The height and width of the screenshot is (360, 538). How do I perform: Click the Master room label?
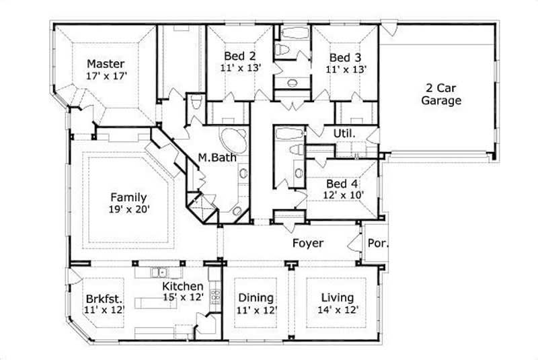tap(105, 64)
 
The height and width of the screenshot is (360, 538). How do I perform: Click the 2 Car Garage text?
tap(442, 94)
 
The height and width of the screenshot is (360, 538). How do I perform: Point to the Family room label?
tap(129, 197)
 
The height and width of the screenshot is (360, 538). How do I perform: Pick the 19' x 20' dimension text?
tap(129, 209)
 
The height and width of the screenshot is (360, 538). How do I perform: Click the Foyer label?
tap(307, 243)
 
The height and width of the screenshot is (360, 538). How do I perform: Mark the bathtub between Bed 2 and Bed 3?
tap(293, 32)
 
